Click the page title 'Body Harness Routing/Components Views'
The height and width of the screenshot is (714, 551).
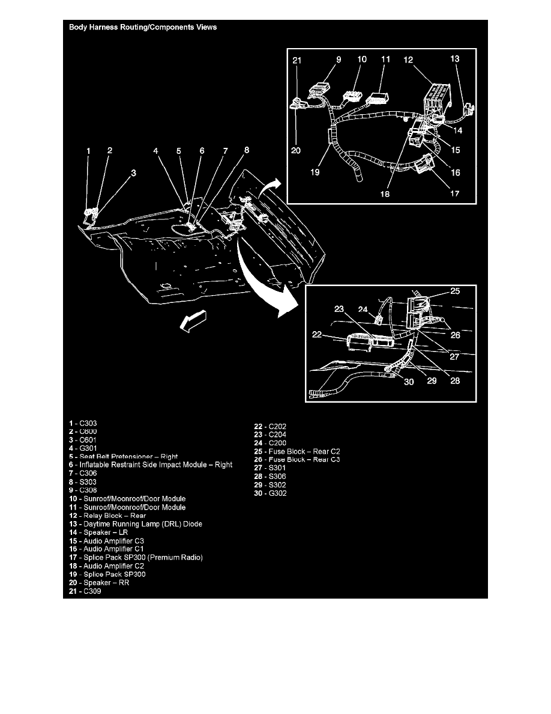click(x=143, y=27)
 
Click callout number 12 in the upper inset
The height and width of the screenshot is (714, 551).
click(x=408, y=60)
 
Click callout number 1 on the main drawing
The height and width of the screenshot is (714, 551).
click(x=88, y=151)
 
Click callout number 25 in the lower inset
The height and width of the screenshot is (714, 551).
click(x=455, y=291)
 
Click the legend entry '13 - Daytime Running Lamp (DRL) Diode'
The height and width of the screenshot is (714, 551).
click(x=135, y=524)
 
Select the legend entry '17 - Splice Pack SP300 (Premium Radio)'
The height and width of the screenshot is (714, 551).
click(x=135, y=558)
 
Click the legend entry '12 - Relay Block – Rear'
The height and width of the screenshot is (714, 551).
click(x=107, y=516)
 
